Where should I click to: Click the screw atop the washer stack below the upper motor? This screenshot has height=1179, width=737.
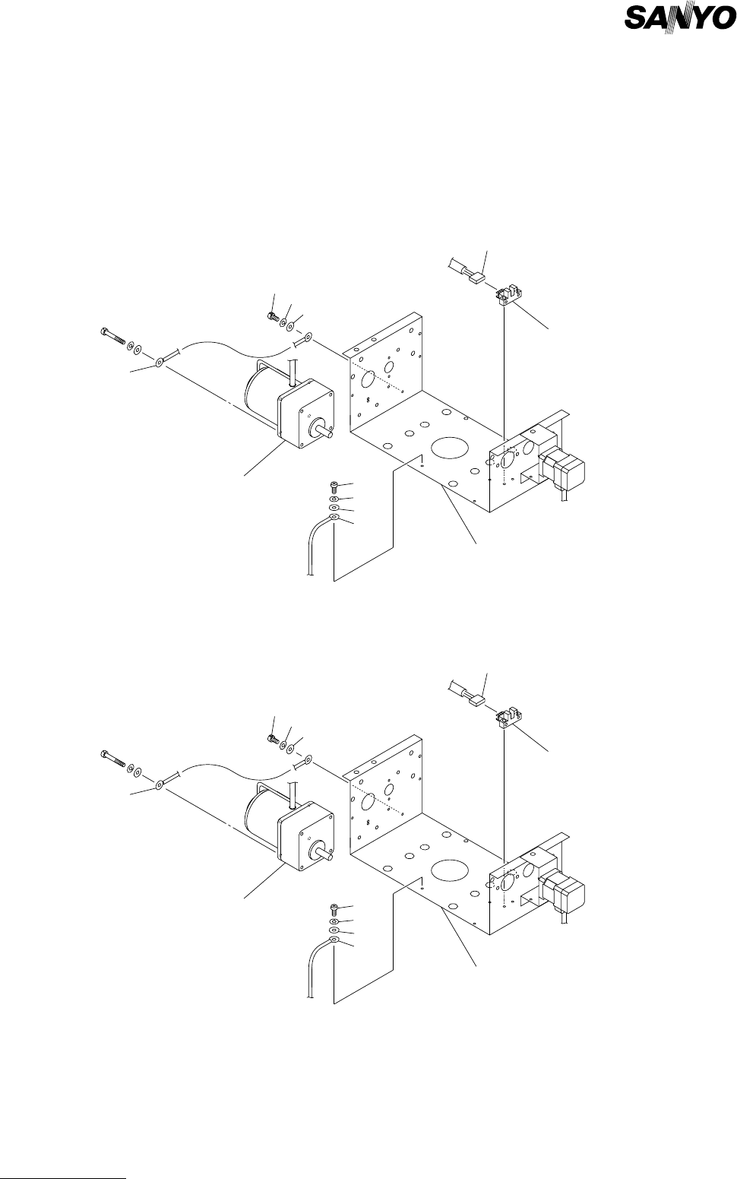pyautogui.click(x=334, y=486)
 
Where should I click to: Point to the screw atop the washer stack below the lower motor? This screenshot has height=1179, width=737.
pyautogui.click(x=334, y=907)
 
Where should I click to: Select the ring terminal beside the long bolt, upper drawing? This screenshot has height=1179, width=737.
pyautogui.click(x=161, y=362)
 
